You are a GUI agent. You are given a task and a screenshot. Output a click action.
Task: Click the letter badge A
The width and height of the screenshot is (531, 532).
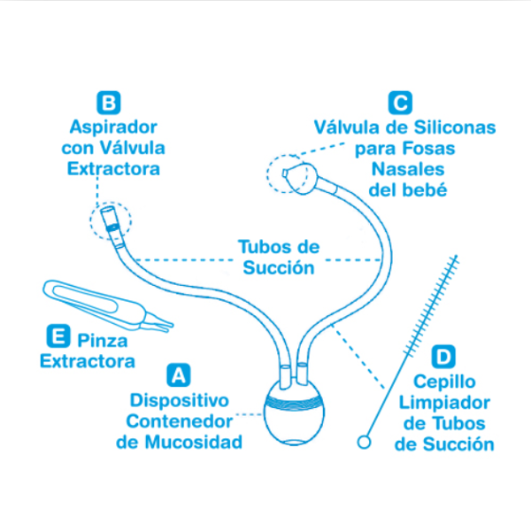179,375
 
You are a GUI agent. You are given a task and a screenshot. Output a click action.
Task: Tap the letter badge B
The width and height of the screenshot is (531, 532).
109,103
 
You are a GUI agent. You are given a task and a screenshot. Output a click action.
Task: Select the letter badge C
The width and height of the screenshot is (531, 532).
400,103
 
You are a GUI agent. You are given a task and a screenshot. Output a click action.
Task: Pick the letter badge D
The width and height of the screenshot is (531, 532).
443,356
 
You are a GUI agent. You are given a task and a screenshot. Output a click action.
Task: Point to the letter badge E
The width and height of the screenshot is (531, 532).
58,335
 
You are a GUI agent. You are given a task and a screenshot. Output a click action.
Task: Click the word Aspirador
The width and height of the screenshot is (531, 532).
113,127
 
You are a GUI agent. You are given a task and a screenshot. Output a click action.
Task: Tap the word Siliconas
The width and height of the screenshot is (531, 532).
455,127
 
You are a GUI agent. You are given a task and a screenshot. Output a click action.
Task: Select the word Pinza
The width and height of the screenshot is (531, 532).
103,340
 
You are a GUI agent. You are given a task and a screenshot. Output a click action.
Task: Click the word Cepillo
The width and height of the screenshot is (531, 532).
444,382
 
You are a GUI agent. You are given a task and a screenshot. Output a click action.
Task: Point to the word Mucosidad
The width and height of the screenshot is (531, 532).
194,442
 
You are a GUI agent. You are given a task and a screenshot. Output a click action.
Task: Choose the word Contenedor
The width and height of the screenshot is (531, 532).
179,421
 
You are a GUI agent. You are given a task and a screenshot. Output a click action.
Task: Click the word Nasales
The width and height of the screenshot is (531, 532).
408,169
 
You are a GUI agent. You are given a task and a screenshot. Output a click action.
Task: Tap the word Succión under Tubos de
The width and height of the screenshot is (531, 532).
279,268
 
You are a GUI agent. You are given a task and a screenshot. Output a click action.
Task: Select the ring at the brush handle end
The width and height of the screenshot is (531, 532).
364,442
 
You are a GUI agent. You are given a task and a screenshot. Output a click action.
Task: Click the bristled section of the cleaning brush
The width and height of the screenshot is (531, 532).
431,306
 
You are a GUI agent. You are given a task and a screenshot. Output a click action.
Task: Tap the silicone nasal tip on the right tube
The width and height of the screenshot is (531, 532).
300,178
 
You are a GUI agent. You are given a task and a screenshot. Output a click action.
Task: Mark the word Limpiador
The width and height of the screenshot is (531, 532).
444,403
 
